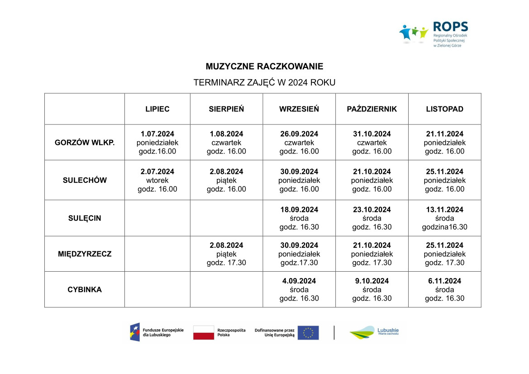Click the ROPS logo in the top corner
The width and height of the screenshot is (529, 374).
coord(433,34)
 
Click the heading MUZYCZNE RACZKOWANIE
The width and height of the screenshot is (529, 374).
coord(264,67)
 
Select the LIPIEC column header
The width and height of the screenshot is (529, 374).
coord(157,109)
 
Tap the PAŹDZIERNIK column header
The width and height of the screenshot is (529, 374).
coord(372,109)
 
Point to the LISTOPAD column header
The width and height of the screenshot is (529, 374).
coord(444,109)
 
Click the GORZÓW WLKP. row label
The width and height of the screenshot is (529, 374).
coord(85,143)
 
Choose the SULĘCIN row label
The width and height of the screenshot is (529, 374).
coord(85,218)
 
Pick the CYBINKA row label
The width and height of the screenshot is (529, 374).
coord(85,289)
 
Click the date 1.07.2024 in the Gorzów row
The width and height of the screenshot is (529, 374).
coord(157,134)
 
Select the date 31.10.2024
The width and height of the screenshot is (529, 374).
coord(372,134)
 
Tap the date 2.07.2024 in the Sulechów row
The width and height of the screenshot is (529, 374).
coord(157,172)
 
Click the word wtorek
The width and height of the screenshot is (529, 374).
coord(157,180)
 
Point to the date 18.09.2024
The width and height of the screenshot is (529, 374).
coord(299,210)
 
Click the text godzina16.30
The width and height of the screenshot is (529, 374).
coord(444,227)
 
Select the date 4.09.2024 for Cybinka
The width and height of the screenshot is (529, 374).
coord(299,281)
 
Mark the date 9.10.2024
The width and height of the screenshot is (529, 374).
coord(372,281)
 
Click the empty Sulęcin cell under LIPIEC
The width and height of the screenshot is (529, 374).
coord(157,218)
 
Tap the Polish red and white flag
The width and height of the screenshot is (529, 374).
coord(204,333)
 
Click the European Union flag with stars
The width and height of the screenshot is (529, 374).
coord(308,333)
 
